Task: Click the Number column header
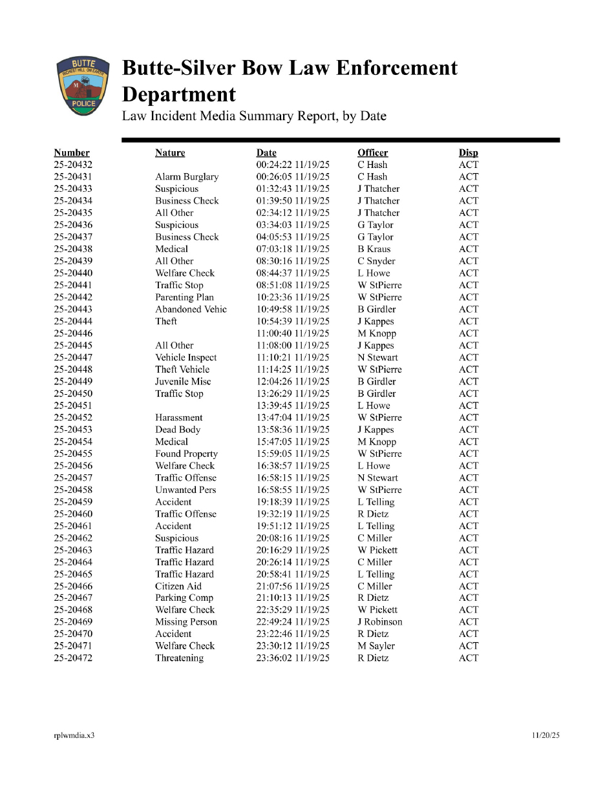[72, 152]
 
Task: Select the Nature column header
[170, 152]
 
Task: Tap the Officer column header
[373, 152]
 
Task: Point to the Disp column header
[469, 152]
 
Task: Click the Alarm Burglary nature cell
[187, 176]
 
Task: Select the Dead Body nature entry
[178, 430]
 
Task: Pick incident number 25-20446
[73, 333]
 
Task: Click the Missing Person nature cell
[186, 622]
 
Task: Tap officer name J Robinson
[380, 622]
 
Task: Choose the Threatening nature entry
[179, 658]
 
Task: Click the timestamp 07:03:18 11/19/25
[293, 249]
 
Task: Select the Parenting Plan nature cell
[184, 297]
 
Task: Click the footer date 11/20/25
[546, 735]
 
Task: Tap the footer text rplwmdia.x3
[74, 735]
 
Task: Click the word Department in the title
[179, 95]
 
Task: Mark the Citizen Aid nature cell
[178, 586]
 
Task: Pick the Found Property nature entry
[186, 454]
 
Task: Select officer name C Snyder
[376, 261]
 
